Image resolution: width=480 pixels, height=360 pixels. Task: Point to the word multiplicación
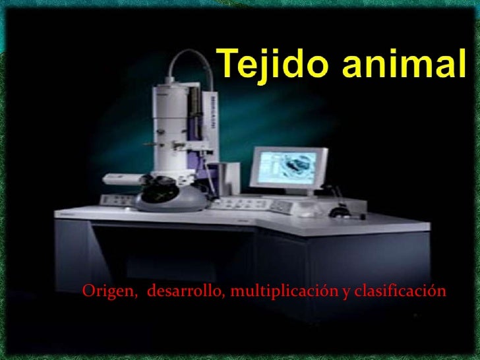283,291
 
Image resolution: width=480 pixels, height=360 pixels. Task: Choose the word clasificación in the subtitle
401,291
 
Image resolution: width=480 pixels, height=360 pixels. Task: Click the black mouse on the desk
340,212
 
